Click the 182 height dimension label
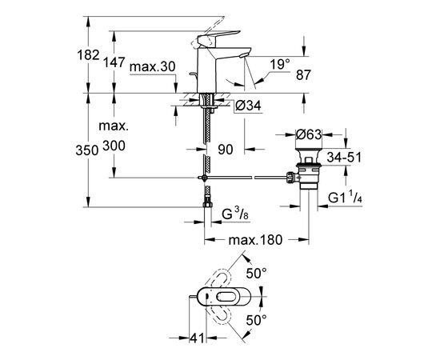(x=88, y=54)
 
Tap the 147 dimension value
(x=114, y=62)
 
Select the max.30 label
(x=152, y=67)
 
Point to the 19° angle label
(x=280, y=65)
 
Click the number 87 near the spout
(x=304, y=75)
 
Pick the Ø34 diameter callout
(x=248, y=106)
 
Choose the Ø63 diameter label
(x=309, y=134)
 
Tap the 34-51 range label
(x=344, y=158)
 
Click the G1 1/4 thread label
(x=345, y=198)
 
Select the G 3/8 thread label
(x=235, y=214)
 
